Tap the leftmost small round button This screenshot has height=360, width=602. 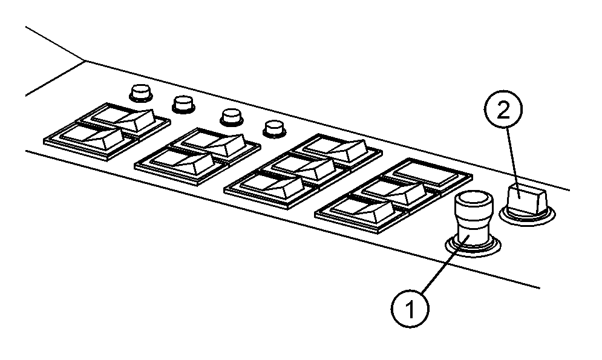point(140,93)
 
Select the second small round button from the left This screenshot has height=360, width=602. point(183,105)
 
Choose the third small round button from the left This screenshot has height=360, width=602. point(232,117)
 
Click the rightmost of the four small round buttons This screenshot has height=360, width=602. point(275,129)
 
